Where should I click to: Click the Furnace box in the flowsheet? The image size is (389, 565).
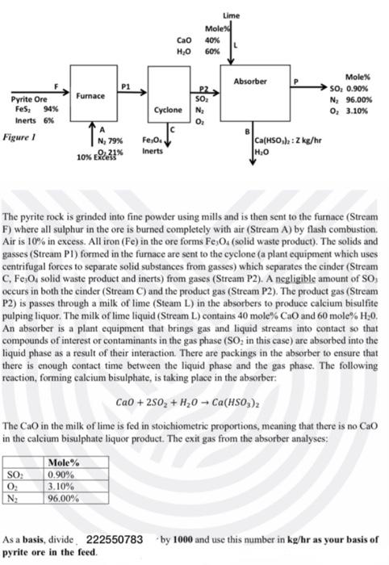[x=91, y=96]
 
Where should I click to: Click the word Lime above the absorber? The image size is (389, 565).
[x=230, y=16]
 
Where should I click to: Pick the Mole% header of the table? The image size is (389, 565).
[x=64, y=462]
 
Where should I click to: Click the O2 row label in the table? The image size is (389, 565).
[x=15, y=487]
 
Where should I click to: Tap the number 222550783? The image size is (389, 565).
[x=114, y=538]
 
